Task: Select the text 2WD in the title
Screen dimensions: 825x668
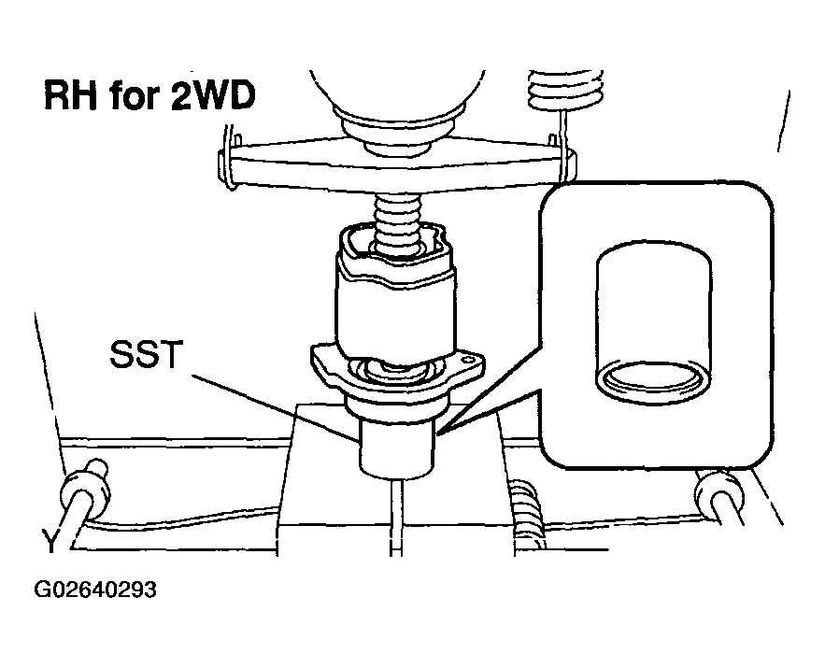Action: tap(214, 95)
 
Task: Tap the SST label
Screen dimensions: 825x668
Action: tap(147, 354)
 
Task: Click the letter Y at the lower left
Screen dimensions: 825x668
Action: tap(50, 542)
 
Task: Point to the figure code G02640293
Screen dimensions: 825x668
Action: tap(95, 590)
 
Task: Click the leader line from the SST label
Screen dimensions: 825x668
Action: tap(275, 406)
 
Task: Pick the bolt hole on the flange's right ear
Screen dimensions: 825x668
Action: tap(466, 361)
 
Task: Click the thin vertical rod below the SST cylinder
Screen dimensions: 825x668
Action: tap(397, 517)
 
